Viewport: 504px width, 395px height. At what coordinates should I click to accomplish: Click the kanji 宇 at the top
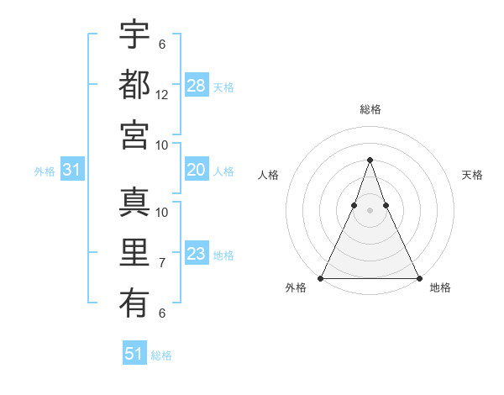click(x=134, y=34)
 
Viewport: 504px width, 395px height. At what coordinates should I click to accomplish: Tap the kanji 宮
click(x=134, y=134)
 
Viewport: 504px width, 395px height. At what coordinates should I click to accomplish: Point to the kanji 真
click(x=134, y=203)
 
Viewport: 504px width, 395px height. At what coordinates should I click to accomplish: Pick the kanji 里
click(x=134, y=252)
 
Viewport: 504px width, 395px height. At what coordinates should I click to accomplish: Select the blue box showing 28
click(x=197, y=85)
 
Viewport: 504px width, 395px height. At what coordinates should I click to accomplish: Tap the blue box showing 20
click(x=197, y=170)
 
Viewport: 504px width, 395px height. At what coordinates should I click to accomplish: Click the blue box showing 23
click(x=197, y=254)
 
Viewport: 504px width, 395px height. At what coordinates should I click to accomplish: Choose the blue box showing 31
click(x=72, y=170)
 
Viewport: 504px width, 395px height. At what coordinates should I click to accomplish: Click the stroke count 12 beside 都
click(x=162, y=95)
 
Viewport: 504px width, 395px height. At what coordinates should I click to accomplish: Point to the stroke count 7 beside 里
click(x=162, y=263)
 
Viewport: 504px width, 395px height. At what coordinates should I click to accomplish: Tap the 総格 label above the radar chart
click(x=370, y=109)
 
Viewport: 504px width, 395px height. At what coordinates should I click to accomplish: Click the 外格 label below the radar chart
click(x=296, y=288)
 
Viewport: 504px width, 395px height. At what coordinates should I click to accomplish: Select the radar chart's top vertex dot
click(x=370, y=160)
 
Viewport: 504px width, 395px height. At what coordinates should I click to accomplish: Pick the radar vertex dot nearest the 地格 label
click(x=418, y=277)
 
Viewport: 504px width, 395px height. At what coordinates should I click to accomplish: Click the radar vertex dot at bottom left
click(x=321, y=277)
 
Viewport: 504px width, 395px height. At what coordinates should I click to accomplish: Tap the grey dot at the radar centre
click(x=370, y=210)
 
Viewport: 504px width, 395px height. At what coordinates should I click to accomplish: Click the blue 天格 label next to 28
click(x=223, y=87)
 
